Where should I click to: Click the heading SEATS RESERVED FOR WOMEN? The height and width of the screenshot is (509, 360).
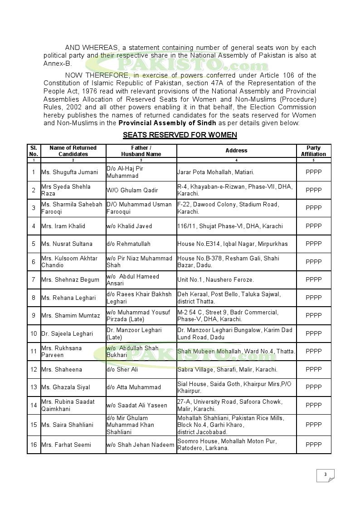[x=180, y=135]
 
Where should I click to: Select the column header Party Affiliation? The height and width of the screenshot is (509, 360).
[x=313, y=151]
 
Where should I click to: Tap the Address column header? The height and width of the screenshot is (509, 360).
[x=236, y=151]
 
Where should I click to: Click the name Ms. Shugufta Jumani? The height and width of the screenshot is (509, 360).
[x=70, y=172]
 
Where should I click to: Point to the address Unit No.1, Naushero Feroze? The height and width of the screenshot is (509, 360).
[x=215, y=280]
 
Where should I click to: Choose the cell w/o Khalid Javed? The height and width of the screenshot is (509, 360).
[x=129, y=226]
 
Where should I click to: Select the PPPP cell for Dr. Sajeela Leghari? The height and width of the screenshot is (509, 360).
[x=313, y=333]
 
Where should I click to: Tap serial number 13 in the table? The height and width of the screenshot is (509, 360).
[x=34, y=387]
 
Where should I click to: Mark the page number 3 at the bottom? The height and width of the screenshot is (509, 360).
[x=325, y=475]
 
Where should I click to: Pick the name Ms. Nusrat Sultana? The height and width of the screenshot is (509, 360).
[x=67, y=244]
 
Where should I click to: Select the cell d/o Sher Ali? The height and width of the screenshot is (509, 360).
[x=122, y=369]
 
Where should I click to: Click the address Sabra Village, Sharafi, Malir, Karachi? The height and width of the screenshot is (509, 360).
[x=227, y=369]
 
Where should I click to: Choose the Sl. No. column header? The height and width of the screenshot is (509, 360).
[x=34, y=151]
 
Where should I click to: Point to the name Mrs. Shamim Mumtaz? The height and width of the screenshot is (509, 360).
[x=71, y=316]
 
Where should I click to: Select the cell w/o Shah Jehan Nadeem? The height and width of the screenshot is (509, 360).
[x=141, y=445]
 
